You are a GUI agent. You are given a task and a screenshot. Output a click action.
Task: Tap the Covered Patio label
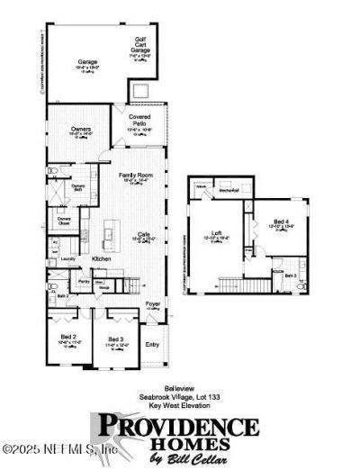tap(139, 120)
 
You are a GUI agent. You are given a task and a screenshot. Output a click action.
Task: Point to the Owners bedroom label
tap(81, 130)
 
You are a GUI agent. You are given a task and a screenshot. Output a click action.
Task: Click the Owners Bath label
tap(79, 187)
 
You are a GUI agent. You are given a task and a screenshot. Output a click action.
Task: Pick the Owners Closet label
tap(65, 220)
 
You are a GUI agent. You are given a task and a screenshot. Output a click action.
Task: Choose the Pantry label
tap(82, 282)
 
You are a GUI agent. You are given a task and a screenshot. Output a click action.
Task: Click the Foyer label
tap(153, 304)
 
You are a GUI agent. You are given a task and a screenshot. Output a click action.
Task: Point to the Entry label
tap(152, 343)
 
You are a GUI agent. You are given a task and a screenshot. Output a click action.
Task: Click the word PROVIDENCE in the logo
tap(177, 424)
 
